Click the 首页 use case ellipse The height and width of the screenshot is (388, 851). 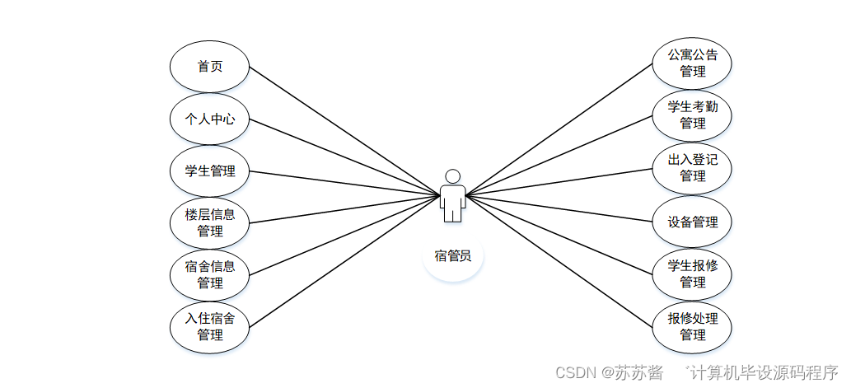click(x=209, y=67)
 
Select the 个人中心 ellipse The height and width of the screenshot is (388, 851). click(x=209, y=119)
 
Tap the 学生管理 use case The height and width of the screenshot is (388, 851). click(x=209, y=171)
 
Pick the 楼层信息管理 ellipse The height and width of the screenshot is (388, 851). click(x=209, y=223)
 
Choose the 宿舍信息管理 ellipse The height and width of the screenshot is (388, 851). click(x=209, y=275)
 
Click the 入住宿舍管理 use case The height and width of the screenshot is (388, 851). click(x=209, y=327)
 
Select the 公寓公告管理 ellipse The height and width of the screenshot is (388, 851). click(x=692, y=63)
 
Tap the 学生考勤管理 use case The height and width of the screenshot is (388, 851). click(x=692, y=115)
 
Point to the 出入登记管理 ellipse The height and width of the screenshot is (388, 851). click(x=692, y=168)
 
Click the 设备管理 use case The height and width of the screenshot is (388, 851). click(x=692, y=222)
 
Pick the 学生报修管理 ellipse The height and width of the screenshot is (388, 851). click(x=692, y=274)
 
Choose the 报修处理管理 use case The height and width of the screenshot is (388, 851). click(x=692, y=327)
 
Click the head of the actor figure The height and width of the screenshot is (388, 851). click(x=451, y=176)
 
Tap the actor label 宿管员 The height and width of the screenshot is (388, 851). click(x=452, y=255)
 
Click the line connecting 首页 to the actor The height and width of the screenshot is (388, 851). click(x=344, y=131)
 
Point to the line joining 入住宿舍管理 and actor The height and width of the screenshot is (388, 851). click(x=344, y=260)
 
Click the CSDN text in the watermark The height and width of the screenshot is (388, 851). click(x=576, y=372)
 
